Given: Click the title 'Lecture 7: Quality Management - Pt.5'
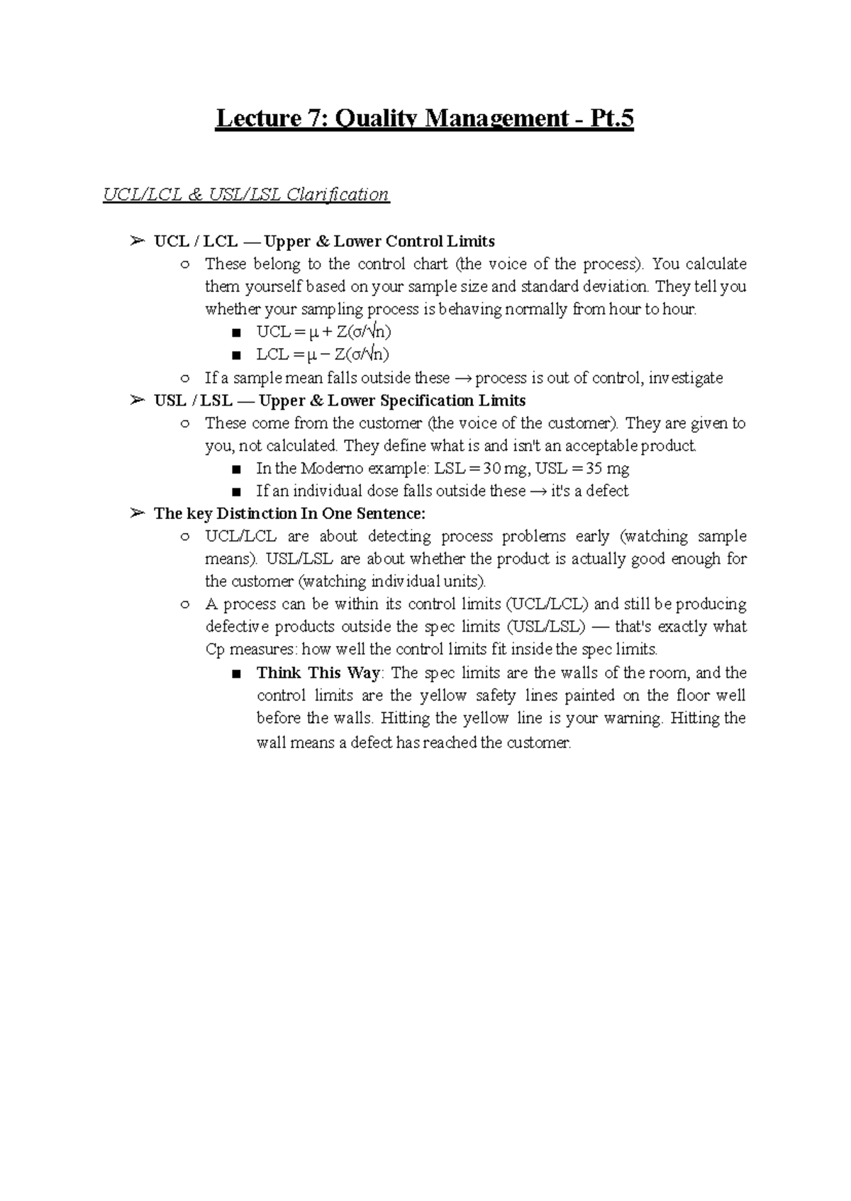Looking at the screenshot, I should click(424, 119).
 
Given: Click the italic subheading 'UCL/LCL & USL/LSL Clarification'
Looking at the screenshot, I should click(246, 194).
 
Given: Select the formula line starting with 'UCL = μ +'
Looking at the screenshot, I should click(323, 332).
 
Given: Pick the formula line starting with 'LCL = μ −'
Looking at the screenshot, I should click(323, 354).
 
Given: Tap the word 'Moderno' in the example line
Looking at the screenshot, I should click(332, 469).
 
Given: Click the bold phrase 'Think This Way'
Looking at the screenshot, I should click(318, 673).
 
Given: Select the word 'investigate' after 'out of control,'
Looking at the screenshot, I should click(686, 378).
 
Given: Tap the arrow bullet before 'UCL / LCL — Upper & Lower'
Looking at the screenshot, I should click(137, 242).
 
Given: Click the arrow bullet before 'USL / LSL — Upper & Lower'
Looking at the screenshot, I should click(137, 401).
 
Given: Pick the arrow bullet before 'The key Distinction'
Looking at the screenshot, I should click(137, 514).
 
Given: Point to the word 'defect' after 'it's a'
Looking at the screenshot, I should click(607, 491).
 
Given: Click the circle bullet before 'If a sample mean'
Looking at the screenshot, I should click(186, 379).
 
